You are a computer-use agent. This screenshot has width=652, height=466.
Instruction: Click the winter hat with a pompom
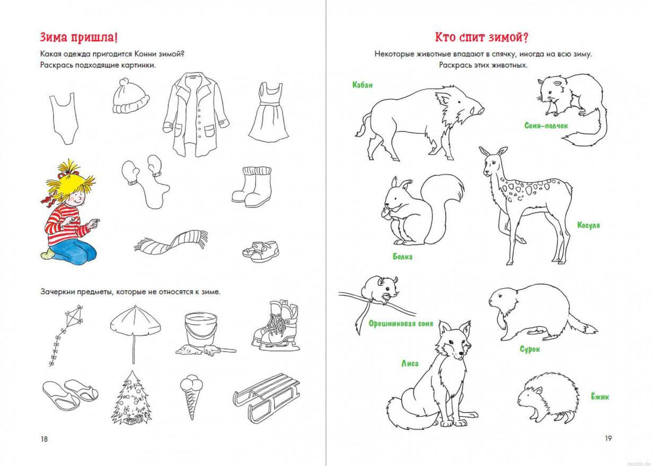click(131, 96)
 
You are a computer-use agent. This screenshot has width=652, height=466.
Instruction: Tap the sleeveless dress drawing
click(269, 113)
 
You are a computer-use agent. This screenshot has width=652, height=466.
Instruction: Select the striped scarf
click(171, 241)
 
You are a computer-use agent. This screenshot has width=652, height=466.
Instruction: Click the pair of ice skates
click(276, 327)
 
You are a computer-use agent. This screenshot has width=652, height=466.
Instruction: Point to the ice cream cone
click(191, 396)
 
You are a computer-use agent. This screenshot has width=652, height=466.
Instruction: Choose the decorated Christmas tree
click(132, 398)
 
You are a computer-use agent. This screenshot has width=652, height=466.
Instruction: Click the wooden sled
click(266, 398)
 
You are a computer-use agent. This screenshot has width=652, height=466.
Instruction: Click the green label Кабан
click(362, 85)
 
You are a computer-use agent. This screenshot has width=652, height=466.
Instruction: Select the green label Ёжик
click(599, 397)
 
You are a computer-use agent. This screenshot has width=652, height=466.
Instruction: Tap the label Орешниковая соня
click(401, 324)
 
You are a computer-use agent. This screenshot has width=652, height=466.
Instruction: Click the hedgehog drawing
click(548, 398)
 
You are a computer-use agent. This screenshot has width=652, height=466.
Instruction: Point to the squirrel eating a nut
click(422, 210)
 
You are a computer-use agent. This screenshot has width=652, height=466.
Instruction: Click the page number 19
click(608, 439)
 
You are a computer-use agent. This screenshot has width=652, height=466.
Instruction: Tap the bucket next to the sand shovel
click(201, 329)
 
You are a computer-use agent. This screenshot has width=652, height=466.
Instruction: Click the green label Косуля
click(589, 225)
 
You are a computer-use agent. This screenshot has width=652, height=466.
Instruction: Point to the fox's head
click(453, 341)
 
